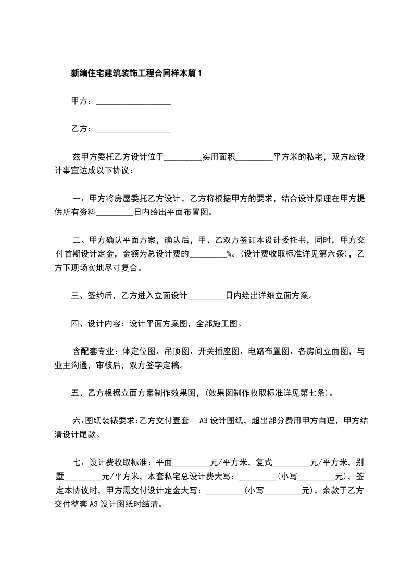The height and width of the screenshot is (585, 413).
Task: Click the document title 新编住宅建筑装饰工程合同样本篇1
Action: pyautogui.click(x=136, y=74)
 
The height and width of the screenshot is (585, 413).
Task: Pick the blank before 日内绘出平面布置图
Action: pyautogui.click(x=115, y=213)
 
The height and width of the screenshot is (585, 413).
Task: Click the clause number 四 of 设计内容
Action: pyautogui.click(x=75, y=324)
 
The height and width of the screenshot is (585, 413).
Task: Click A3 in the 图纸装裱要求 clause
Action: pyautogui.click(x=204, y=421)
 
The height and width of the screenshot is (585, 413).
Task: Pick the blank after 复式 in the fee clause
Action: pyautogui.click(x=291, y=462)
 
